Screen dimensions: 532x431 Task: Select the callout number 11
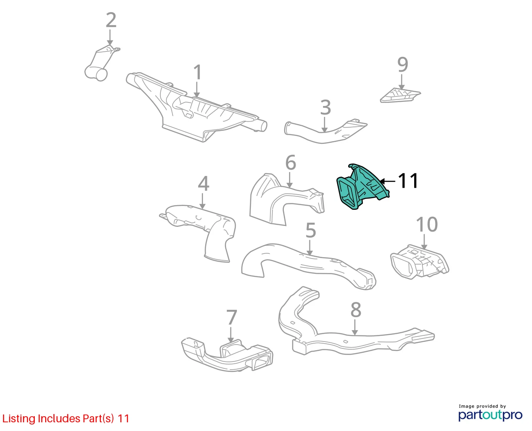click(x=408, y=181)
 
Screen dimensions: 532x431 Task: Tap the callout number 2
click(x=111, y=20)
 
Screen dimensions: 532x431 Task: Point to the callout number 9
click(x=402, y=65)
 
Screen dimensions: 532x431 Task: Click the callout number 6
click(x=291, y=163)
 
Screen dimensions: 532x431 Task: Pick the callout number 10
click(x=426, y=224)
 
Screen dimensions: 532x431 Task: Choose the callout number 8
click(x=356, y=310)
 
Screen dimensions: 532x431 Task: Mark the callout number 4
click(x=203, y=183)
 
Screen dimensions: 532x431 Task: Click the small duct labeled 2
click(x=101, y=63)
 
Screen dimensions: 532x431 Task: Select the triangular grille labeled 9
click(x=399, y=96)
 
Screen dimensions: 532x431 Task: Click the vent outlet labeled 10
click(x=419, y=262)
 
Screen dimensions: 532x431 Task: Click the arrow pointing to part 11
click(x=387, y=181)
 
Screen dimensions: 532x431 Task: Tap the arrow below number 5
click(x=309, y=248)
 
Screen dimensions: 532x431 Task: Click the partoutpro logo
click(x=490, y=415)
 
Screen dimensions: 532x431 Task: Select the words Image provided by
click(x=482, y=406)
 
